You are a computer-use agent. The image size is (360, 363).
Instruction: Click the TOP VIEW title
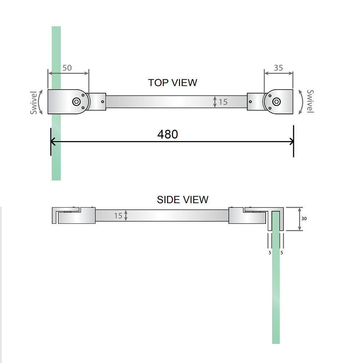point(172,83)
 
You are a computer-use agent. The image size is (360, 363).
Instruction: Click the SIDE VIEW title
point(182,200)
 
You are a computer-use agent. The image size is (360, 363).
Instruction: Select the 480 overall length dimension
point(168,134)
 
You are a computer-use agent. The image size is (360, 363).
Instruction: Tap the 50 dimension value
point(67,68)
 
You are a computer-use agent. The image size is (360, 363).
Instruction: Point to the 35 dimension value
point(278,68)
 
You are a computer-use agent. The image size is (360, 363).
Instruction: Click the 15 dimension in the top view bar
point(223,102)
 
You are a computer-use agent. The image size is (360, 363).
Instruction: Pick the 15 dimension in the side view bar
point(118,216)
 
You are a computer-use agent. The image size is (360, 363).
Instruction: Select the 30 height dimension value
point(304,219)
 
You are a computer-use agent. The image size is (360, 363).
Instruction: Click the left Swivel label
point(34,103)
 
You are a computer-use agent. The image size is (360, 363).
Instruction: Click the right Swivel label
point(310,101)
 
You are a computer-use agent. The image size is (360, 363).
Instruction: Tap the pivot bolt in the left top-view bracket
point(77,102)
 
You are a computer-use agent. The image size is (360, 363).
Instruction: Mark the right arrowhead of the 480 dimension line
point(291,141)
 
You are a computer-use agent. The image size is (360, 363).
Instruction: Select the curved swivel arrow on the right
point(302,101)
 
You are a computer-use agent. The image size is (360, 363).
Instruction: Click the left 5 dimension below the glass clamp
point(270,253)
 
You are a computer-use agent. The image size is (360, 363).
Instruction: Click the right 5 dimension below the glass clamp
point(282,253)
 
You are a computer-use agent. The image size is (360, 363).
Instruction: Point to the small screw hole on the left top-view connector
point(102,102)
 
